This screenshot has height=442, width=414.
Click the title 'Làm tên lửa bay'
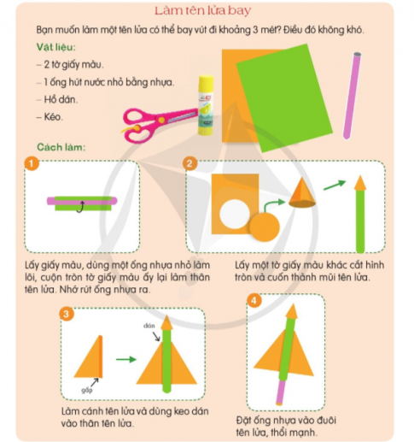click(203, 10)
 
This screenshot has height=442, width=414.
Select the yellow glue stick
click(206, 105)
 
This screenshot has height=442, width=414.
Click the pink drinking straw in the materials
click(352, 96)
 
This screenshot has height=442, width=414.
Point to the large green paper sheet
click(284, 97)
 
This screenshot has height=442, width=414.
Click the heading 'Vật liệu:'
click(56, 47)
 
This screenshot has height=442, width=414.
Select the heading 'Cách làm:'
click(61, 147)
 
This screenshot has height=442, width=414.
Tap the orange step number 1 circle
click(32, 163)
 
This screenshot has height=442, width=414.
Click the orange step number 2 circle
click(190, 163)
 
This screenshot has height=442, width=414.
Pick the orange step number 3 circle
click(67, 314)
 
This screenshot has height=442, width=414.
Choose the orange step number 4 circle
click(254, 300)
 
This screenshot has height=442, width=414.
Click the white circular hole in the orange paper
click(235, 214)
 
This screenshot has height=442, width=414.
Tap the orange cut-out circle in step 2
click(265, 227)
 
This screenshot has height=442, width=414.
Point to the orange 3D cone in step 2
click(302, 193)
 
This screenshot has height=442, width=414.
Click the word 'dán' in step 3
click(149, 326)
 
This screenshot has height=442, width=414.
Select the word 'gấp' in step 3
click(87, 390)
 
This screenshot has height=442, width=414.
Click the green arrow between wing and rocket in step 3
click(126, 359)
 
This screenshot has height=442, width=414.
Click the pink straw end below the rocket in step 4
click(282, 392)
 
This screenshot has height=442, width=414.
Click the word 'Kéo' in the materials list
click(53, 117)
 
